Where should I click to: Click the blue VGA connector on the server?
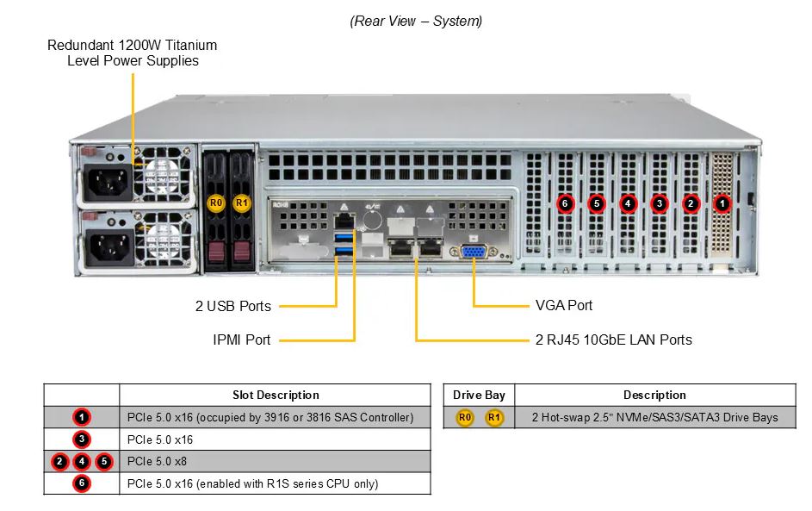click(x=474, y=252)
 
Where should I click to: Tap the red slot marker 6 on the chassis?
click(x=565, y=203)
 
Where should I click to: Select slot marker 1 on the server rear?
click(x=722, y=203)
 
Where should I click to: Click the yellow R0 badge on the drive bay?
click(x=215, y=203)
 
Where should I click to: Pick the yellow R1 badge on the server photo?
click(x=241, y=203)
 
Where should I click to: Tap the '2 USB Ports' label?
click(x=233, y=306)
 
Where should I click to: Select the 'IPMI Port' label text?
click(x=242, y=340)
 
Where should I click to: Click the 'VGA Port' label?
click(x=564, y=305)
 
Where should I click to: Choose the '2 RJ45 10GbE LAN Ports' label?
click(x=614, y=340)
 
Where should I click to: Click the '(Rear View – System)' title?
click(x=417, y=22)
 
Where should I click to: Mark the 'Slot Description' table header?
click(x=276, y=395)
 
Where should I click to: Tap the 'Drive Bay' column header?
click(x=479, y=395)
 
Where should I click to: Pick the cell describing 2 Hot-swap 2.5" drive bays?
click(x=654, y=417)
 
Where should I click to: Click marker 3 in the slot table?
click(x=81, y=439)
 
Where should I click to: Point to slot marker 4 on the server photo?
click(x=628, y=203)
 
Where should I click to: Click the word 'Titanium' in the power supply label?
click(x=191, y=45)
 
